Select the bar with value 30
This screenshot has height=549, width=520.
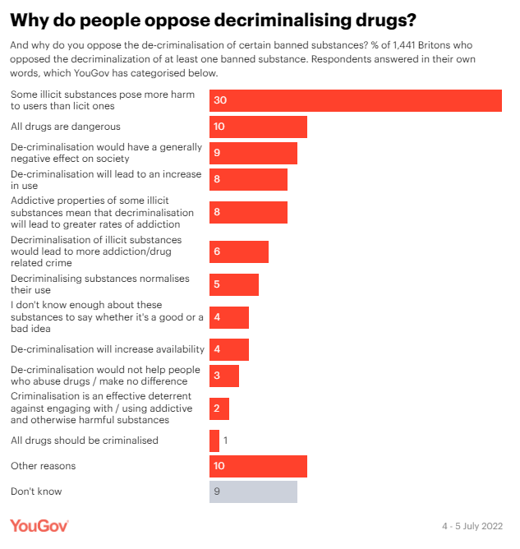click(355, 100)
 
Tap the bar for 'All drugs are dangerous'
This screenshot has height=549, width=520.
click(258, 127)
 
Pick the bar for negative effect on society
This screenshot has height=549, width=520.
click(253, 152)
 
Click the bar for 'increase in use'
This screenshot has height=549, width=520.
click(248, 180)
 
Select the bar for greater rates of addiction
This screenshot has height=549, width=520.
click(248, 212)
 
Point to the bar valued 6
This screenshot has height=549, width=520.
click(239, 251)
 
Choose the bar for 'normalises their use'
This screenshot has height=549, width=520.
click(234, 284)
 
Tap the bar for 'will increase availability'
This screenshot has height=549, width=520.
click(229, 349)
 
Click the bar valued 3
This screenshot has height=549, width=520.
click(224, 376)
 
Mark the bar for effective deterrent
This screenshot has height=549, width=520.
click(219, 408)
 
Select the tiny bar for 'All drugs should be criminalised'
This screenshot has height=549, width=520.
click(214, 441)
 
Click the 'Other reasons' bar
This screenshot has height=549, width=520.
click(258, 466)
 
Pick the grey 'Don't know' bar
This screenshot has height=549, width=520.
click(253, 491)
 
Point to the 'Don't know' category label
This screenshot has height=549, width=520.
click(36, 491)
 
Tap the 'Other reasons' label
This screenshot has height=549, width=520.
click(43, 466)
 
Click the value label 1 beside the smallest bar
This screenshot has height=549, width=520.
click(226, 441)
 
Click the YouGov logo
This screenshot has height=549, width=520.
click(39, 525)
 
